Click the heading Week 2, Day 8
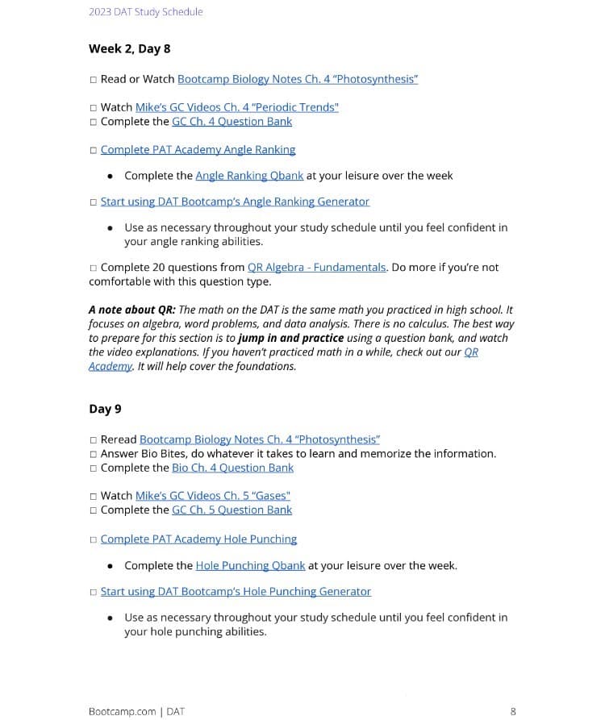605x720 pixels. pos(129,48)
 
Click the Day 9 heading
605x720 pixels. pos(105,409)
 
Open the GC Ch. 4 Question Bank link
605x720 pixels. pos(232,121)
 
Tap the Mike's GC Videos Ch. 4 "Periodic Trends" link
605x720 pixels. pos(236,107)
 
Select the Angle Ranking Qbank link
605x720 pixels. pos(249,175)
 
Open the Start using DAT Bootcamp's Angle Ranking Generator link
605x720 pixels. pos(235,201)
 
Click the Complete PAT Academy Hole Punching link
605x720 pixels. pos(198,539)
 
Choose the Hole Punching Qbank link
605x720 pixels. pos(249,565)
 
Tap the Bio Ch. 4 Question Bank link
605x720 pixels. pos(232,468)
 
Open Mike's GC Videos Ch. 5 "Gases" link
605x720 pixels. pos(212,495)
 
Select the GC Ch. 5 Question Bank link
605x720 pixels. pos(232,510)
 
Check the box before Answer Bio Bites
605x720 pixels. pos(94,454)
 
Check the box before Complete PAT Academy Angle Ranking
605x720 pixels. pos(94,150)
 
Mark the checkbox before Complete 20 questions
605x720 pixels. pos(94,268)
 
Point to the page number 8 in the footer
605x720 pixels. pos(513,711)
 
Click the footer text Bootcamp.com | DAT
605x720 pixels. pos(136,711)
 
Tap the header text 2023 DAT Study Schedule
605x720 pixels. pos(145,11)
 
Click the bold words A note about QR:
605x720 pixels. pos(131,310)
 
